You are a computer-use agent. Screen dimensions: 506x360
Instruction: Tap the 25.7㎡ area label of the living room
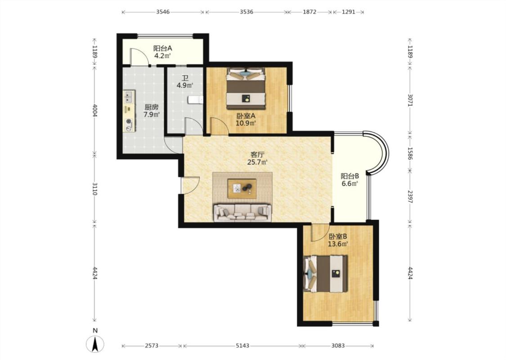pyautogui.click(x=257, y=162)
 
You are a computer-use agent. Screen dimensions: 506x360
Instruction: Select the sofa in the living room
pyautogui.click(x=242, y=212)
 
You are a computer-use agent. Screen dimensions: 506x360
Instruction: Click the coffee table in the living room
pyautogui.click(x=242, y=189)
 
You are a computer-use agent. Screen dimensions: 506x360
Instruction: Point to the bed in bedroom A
pyautogui.click(x=246, y=89)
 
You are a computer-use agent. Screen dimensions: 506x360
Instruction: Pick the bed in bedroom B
pyautogui.click(x=326, y=274)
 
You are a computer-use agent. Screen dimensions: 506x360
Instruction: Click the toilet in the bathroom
pyautogui.click(x=196, y=100)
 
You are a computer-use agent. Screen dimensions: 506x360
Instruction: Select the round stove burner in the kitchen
pyautogui.click(x=129, y=121)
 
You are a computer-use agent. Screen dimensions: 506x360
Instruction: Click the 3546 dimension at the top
pyautogui.click(x=163, y=12)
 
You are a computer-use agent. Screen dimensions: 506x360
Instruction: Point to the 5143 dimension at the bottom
pyautogui.click(x=242, y=346)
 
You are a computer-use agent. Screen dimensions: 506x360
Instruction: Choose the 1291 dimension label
pyautogui.click(x=349, y=12)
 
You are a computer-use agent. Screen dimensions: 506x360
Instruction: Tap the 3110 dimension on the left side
pyautogui.click(x=94, y=189)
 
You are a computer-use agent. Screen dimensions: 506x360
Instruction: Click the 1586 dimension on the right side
pyautogui.click(x=410, y=153)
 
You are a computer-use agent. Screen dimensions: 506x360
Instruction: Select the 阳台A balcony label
pyautogui.click(x=163, y=49)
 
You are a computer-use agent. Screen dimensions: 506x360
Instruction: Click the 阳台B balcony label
pyautogui.click(x=350, y=176)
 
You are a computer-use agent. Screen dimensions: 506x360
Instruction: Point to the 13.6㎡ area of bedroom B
pyautogui.click(x=338, y=244)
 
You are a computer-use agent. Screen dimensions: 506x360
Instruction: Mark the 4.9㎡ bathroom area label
pyautogui.click(x=184, y=85)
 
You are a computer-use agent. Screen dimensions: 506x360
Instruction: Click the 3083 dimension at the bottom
pyautogui.click(x=338, y=346)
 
